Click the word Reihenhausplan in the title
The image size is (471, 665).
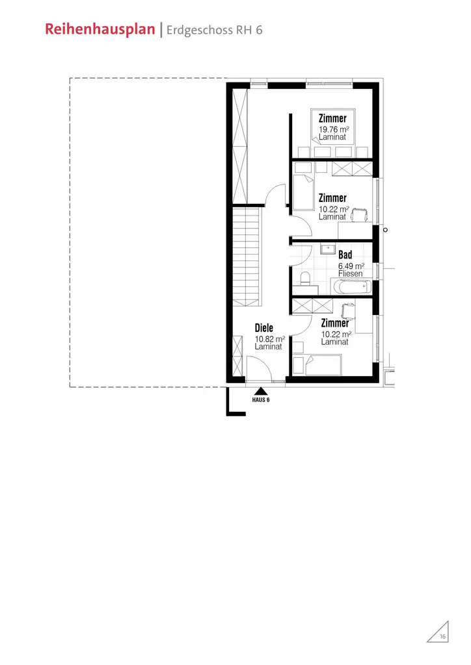point(101,30)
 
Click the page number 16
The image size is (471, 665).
point(442,637)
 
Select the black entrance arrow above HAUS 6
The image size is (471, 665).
point(261,391)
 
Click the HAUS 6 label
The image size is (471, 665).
point(261,400)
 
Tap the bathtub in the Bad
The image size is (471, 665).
point(351,286)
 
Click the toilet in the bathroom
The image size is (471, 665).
point(304,279)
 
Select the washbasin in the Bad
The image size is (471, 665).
point(328,249)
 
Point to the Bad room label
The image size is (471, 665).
point(345,255)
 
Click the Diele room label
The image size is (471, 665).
point(263,328)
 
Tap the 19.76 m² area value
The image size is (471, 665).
point(334,130)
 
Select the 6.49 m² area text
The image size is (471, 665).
point(351,266)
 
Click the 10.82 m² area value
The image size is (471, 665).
point(269,339)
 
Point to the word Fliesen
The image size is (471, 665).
point(350,274)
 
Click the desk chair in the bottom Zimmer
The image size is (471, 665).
point(345,308)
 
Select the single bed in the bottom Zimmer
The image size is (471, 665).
point(323,364)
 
